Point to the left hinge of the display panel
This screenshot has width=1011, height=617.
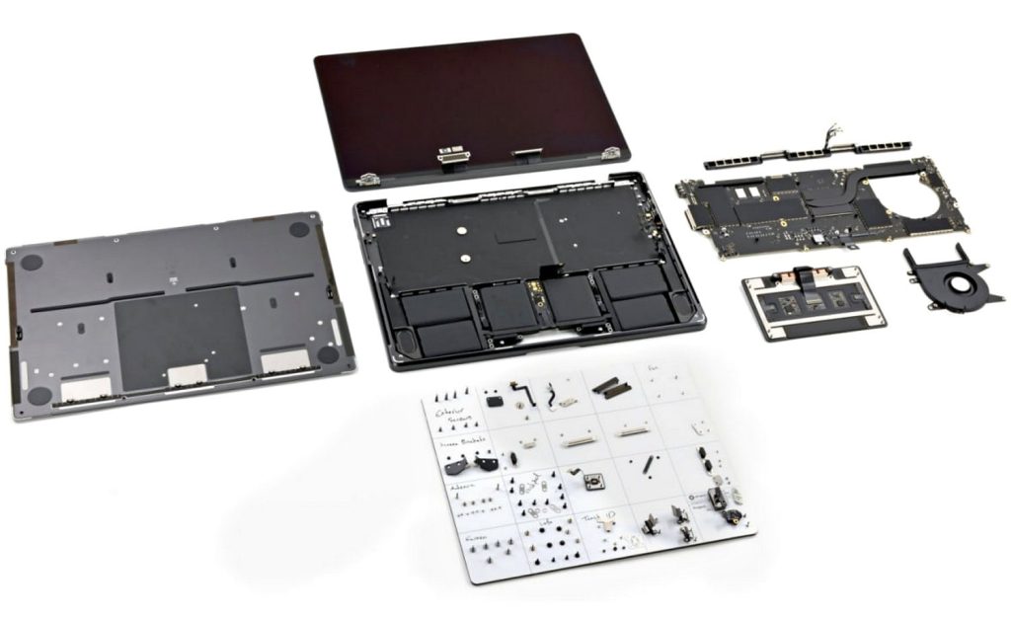(x=369, y=179)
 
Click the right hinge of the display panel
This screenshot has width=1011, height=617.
(x=612, y=154)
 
